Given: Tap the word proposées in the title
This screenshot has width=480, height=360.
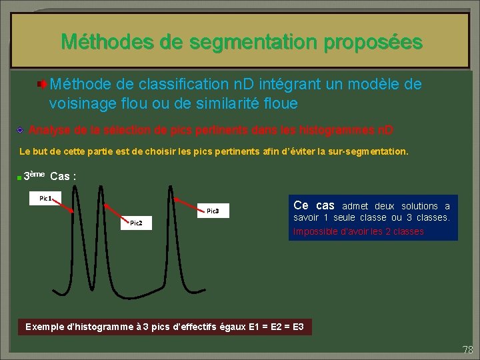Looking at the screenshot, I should point(373,42).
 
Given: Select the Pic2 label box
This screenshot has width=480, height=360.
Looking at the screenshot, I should point(136,222).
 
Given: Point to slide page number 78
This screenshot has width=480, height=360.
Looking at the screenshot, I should point(467,349).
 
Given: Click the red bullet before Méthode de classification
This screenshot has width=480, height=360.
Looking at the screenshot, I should point(41,85).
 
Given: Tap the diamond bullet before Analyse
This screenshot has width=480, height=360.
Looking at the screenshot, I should point(21,129).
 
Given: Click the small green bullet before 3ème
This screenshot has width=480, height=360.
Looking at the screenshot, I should point(19,177).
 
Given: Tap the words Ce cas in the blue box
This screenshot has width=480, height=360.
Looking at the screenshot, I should point(314,205).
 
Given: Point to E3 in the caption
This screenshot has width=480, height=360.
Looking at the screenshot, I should point(298,327).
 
